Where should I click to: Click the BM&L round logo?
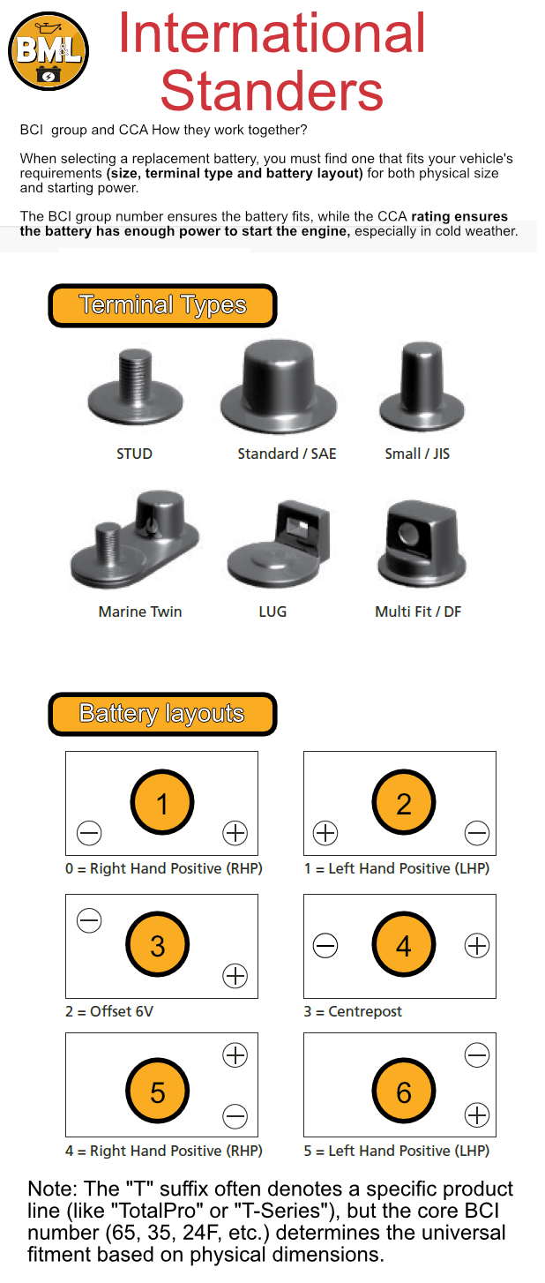[49, 51]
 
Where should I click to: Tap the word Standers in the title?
[272, 91]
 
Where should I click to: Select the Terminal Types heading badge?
[162, 305]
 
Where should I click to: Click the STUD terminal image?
[136, 386]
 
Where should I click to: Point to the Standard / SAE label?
[287, 454]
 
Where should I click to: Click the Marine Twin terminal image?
[135, 538]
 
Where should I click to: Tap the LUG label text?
[272, 611]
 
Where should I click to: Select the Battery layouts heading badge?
[162, 714]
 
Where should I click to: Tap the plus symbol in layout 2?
[325, 833]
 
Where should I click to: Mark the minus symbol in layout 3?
[89, 920]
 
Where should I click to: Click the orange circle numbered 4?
[404, 944]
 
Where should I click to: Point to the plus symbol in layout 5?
[235, 1055]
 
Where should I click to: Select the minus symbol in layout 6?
[477, 1055]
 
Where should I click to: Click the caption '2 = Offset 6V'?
[109, 1011]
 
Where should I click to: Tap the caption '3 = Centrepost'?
[353, 1011]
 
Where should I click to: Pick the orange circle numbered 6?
[404, 1092]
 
